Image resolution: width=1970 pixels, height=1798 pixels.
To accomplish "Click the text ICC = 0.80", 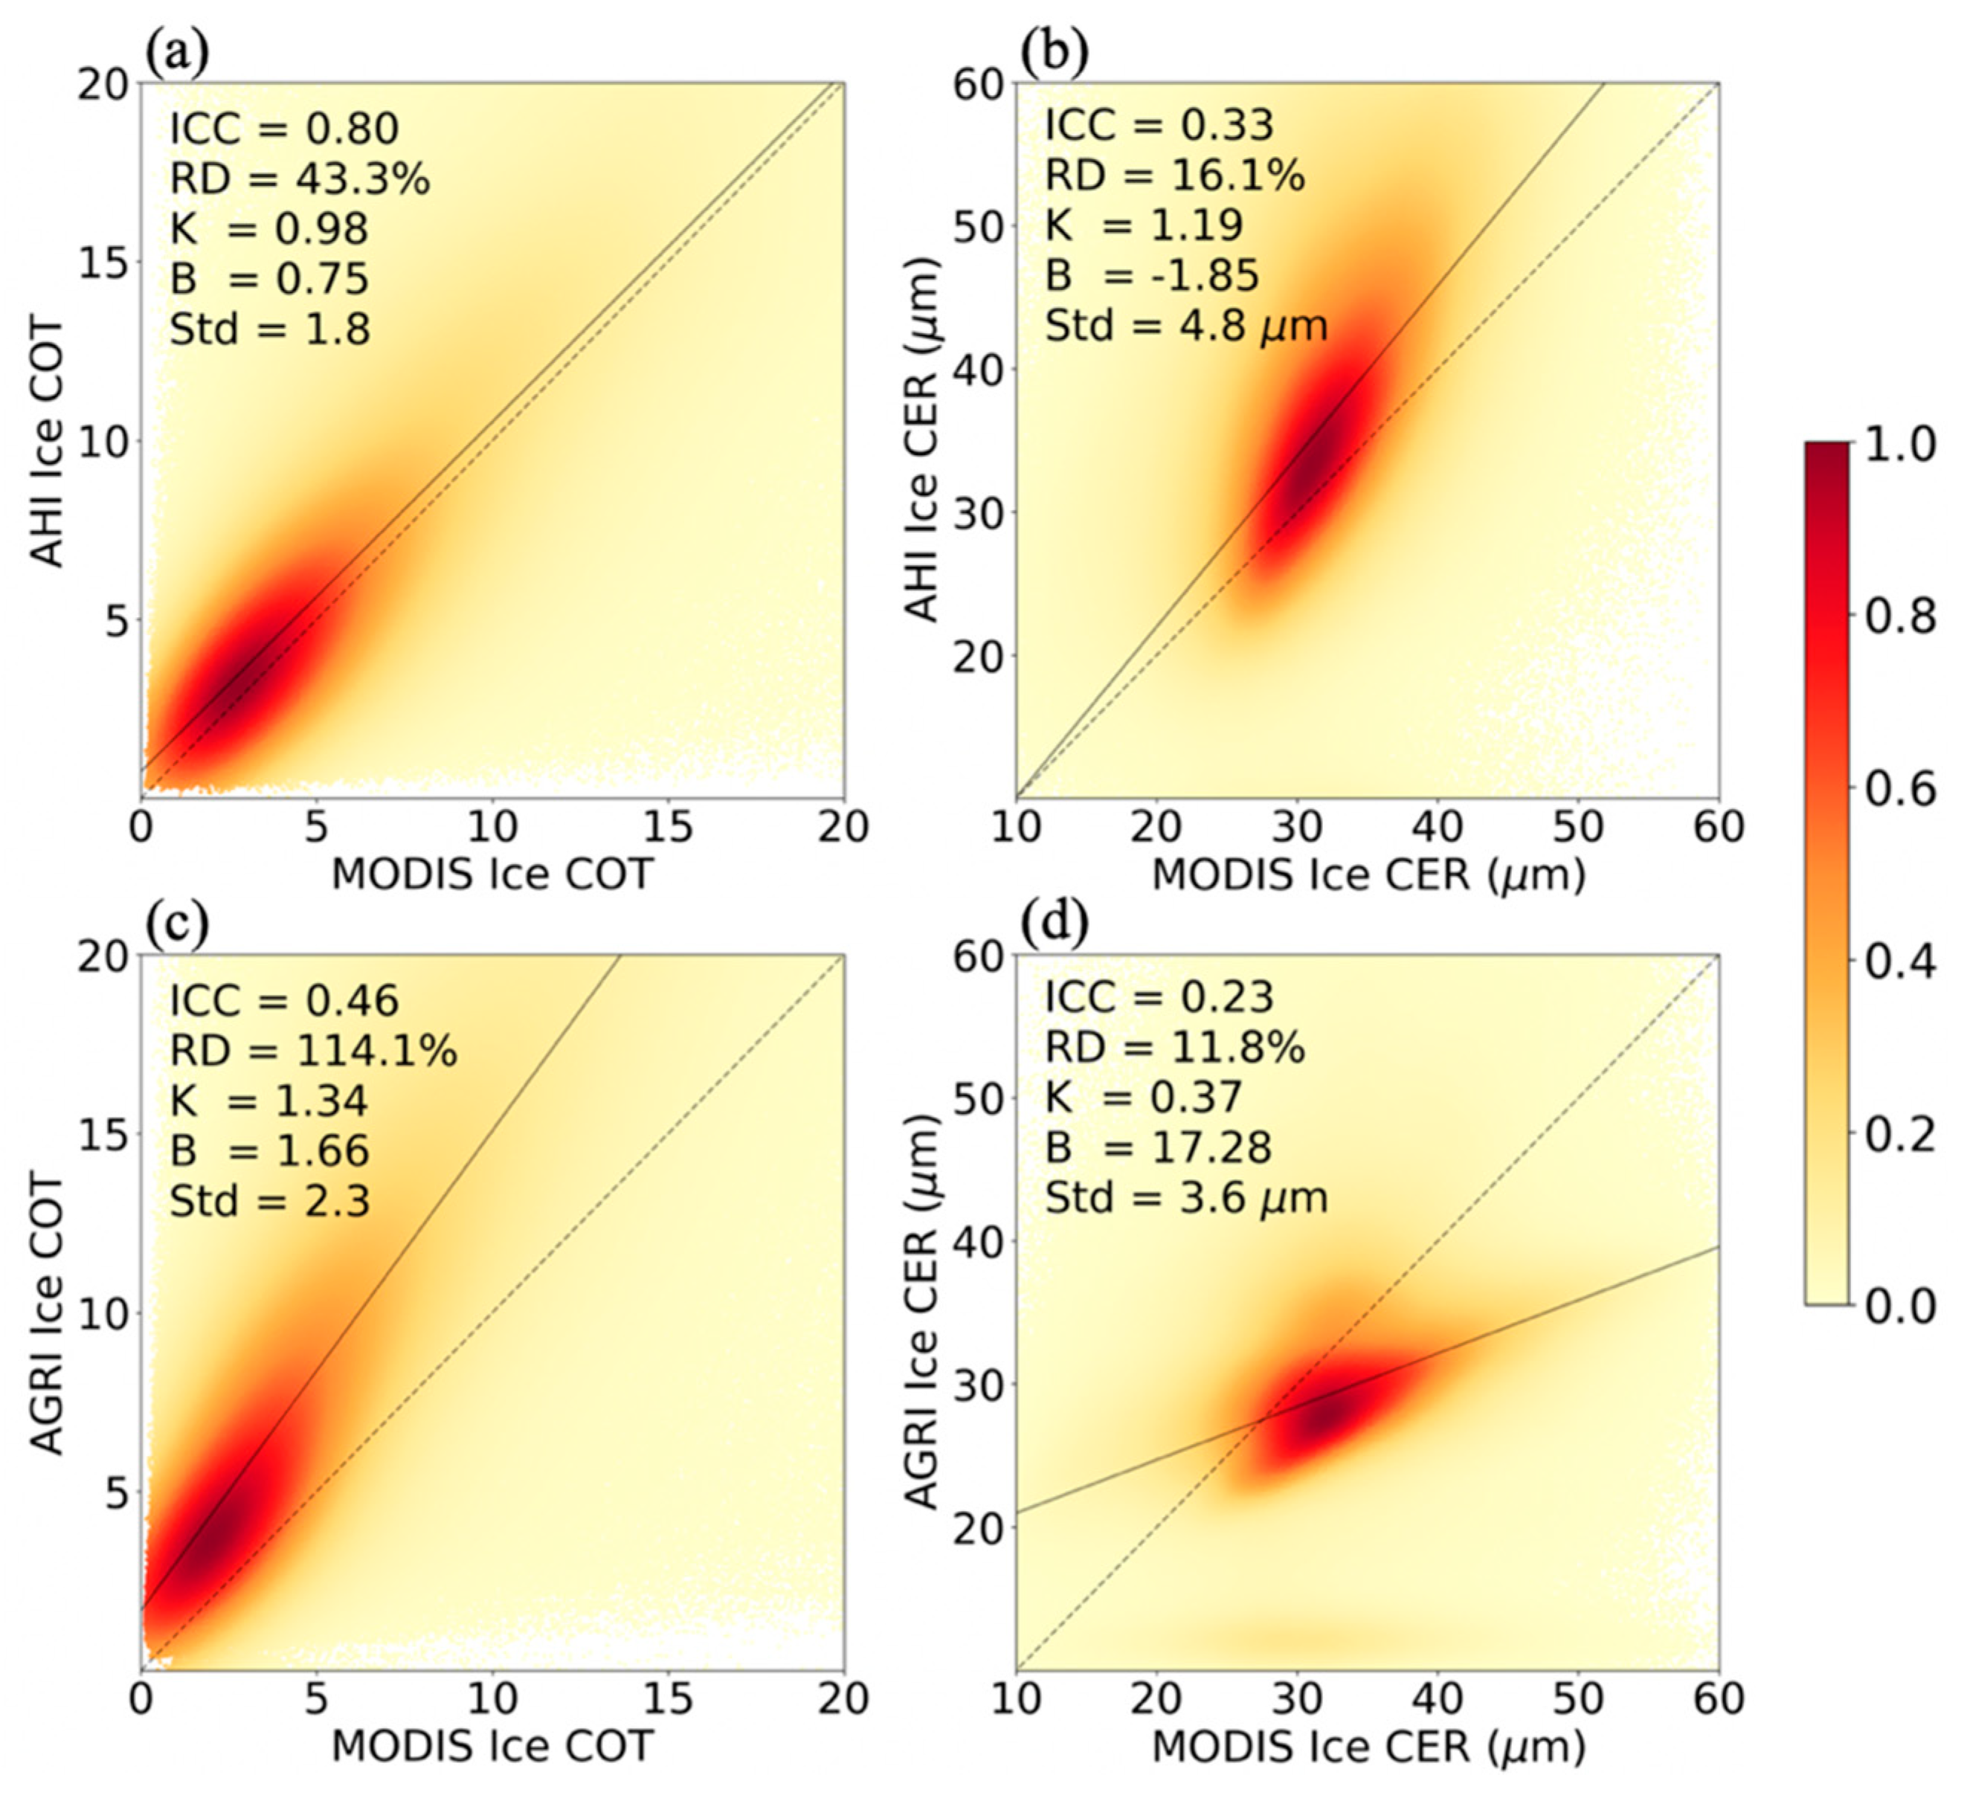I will [x=284, y=129].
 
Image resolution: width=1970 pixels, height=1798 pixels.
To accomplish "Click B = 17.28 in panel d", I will [x=1158, y=1147].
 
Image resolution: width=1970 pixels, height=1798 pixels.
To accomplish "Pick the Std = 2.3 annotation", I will [x=270, y=1201].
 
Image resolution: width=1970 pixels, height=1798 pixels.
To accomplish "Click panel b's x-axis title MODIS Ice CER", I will [x=1368, y=874].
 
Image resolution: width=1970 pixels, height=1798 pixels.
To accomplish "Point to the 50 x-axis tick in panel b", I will [x=1578, y=828].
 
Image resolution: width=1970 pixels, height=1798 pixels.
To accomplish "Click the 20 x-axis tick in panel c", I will [x=843, y=1699].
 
